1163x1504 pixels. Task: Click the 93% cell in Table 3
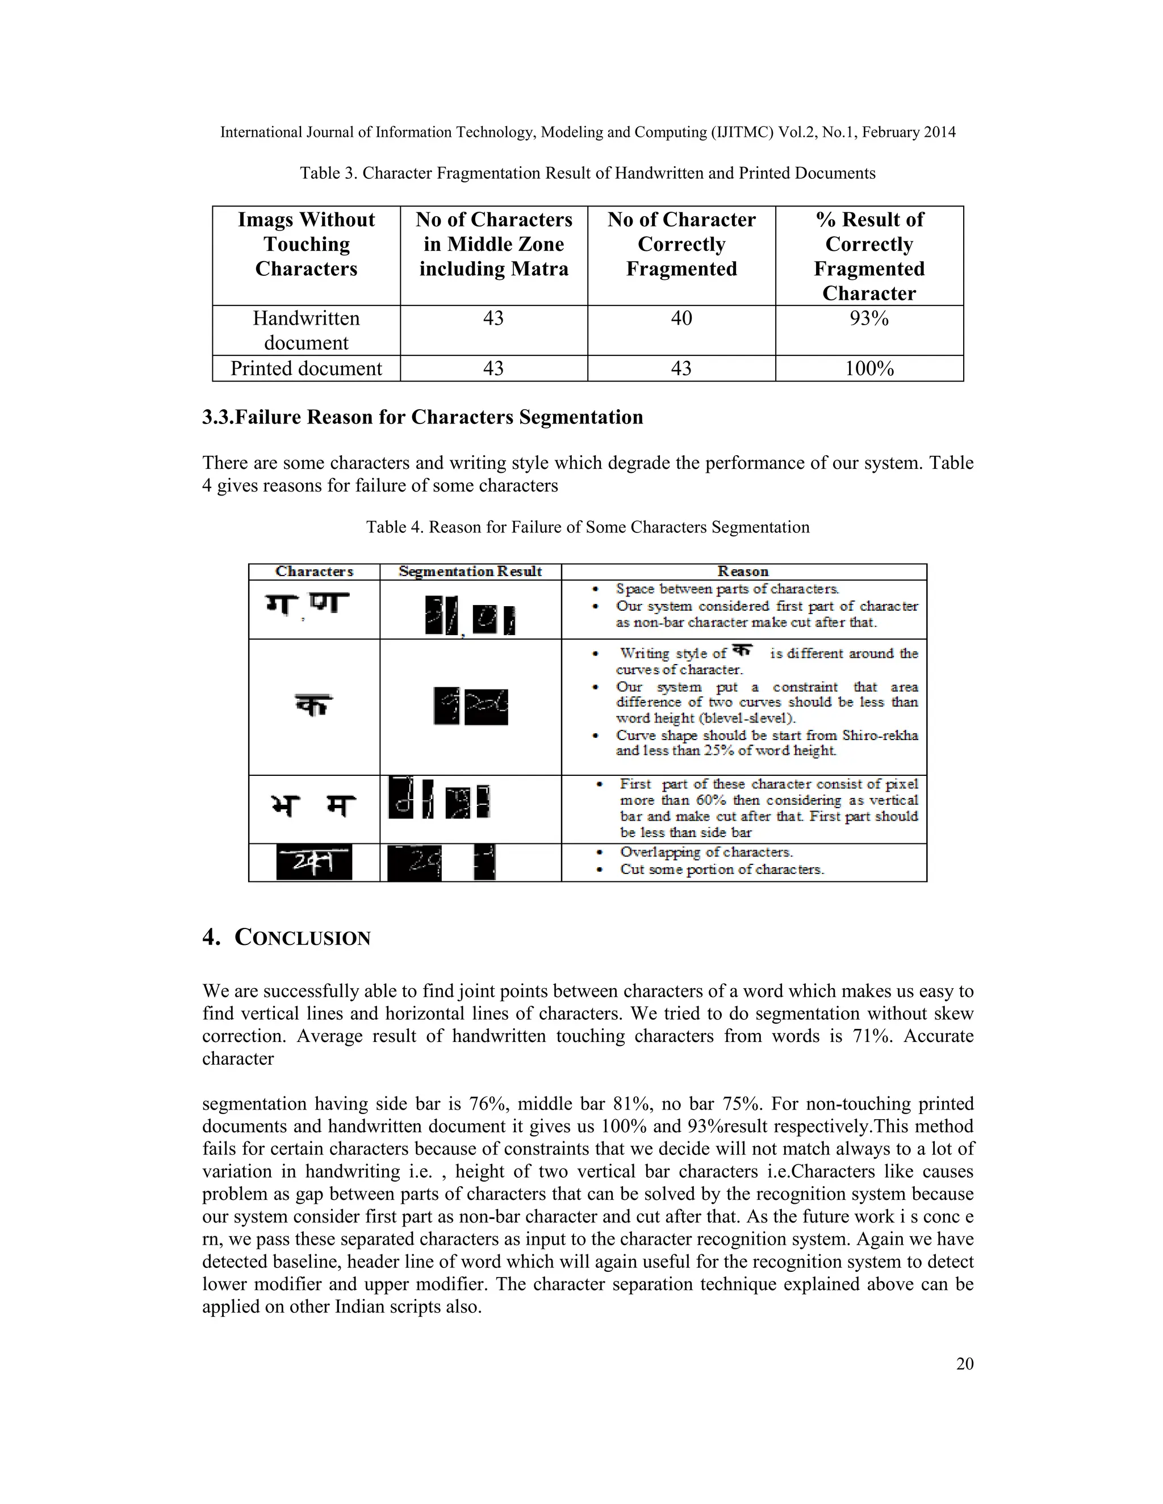[869, 318]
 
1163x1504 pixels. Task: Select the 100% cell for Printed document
[869, 368]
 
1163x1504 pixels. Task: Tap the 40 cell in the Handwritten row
[681, 318]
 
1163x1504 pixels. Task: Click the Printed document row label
[306, 368]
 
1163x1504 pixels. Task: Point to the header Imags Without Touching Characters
[306, 244]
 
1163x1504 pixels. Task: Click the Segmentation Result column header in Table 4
[470, 572]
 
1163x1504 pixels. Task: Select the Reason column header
[743, 572]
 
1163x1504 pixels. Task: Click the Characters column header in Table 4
[314, 572]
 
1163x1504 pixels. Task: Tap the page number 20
[965, 1363]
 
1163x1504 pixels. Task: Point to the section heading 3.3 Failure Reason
[422, 417]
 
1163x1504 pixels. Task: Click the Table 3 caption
[587, 173]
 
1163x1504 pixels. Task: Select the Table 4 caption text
[587, 527]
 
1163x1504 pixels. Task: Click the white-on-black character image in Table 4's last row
[314, 863]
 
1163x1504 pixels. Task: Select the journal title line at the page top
[587, 132]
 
